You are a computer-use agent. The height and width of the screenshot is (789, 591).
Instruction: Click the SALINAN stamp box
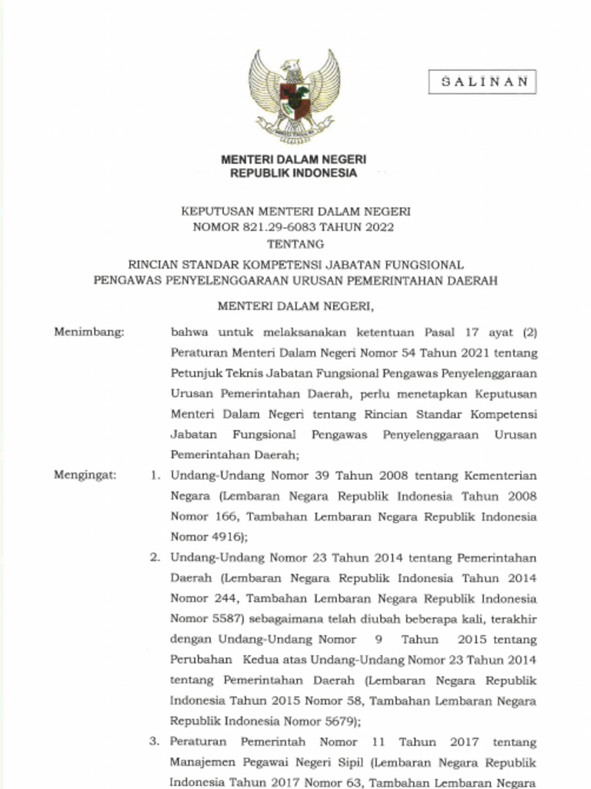tap(482, 82)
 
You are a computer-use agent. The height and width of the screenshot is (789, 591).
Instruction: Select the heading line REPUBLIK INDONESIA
tap(294, 173)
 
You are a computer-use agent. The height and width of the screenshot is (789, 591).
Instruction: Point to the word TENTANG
tap(295, 244)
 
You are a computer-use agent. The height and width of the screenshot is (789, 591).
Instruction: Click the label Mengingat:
tap(85, 475)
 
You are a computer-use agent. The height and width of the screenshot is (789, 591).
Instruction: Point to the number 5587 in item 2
tap(222, 619)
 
